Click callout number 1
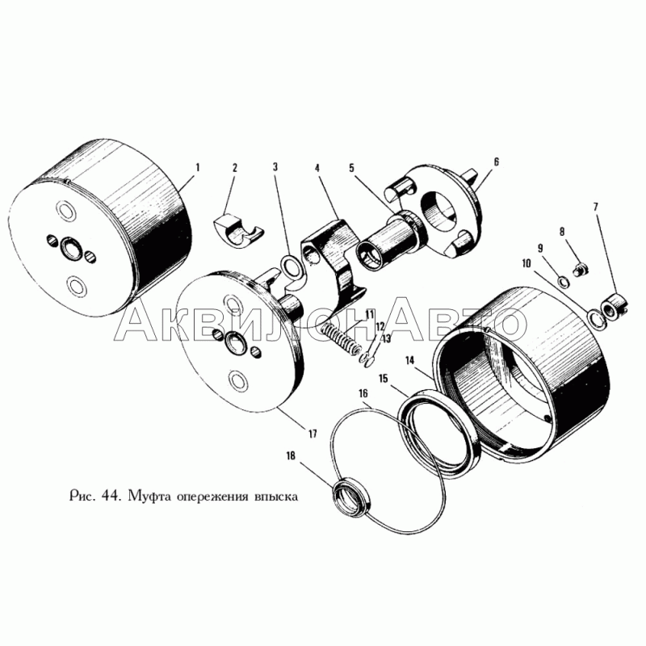198,168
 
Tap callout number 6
496,161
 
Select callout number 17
313,434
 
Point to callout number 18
291,455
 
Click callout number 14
409,360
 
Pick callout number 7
595,207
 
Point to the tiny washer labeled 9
563,282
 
